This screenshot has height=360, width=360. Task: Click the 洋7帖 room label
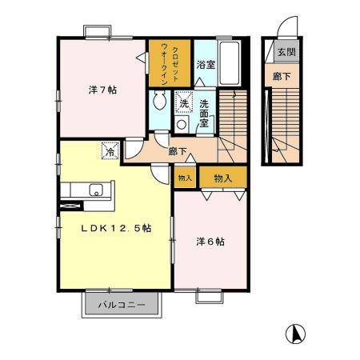[102, 90]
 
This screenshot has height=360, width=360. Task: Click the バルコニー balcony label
[122, 305]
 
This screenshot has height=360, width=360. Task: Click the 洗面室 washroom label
[205, 108]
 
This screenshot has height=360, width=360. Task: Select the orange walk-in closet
[170, 62]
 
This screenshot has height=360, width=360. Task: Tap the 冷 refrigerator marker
[107, 149]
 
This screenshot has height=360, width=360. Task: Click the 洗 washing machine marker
[184, 103]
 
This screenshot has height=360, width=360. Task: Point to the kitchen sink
[95, 190]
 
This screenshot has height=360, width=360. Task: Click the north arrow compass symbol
[294, 334]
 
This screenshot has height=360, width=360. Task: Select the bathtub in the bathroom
[229, 60]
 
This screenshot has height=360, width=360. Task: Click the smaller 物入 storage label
[185, 177]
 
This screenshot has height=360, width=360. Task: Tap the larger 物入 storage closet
[222, 177]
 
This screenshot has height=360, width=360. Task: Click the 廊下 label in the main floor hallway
[178, 149]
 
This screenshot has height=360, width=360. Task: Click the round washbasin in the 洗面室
[182, 124]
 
